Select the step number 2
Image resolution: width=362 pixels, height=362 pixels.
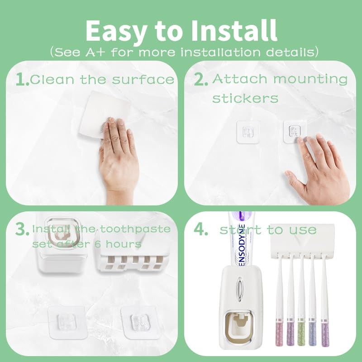(200, 80)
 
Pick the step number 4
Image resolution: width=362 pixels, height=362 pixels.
(200, 229)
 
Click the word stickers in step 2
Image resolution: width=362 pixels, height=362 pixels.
(245, 98)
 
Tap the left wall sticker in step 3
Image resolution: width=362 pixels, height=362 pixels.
(67, 322)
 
